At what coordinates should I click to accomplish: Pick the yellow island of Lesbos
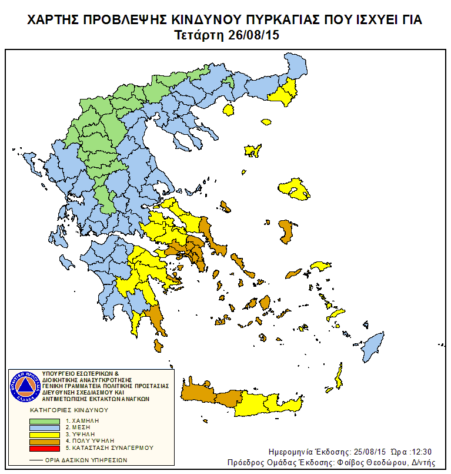[x=296, y=189]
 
